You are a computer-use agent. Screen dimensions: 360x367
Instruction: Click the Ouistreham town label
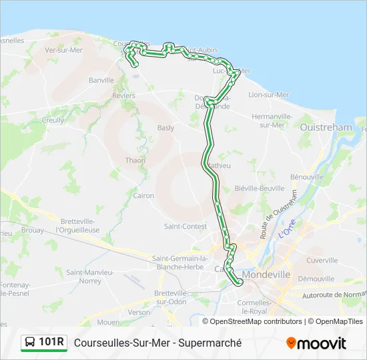coord(326,127)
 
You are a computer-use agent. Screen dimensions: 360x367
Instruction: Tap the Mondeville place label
coord(266,274)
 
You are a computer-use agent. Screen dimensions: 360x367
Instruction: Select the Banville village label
coord(101,80)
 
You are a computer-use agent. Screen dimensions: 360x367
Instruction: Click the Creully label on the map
coord(53,121)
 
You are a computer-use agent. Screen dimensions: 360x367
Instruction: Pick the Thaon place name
coord(135,161)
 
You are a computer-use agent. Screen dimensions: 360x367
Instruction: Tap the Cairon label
coord(143,196)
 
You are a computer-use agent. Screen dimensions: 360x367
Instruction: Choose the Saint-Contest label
coord(185,227)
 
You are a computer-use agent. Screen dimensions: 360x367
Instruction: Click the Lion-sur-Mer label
coord(268,95)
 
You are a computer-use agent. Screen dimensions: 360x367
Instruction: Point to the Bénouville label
coord(307,177)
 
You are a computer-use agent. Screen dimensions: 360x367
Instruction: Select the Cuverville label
coord(322,261)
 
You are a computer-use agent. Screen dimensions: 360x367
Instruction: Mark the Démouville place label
coord(316,279)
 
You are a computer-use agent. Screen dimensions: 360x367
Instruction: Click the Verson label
coord(139,312)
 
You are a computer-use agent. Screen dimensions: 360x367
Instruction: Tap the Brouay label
coord(33,230)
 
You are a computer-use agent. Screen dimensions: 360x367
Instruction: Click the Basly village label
coord(165,128)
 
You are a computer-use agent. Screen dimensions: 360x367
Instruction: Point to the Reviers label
coord(124,96)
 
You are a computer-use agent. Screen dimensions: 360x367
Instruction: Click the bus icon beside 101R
coord(30,343)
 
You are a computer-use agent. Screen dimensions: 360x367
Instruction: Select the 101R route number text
coord(52,343)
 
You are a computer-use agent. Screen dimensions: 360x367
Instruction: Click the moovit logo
coord(316,343)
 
